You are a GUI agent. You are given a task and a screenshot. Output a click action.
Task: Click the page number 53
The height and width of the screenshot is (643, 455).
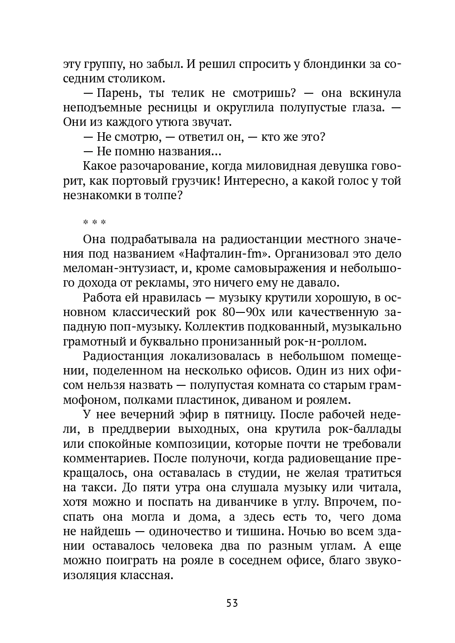pyautogui.click(x=232, y=603)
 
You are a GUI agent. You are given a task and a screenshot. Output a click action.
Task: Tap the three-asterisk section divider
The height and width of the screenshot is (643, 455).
pyautogui.click(x=94, y=223)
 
